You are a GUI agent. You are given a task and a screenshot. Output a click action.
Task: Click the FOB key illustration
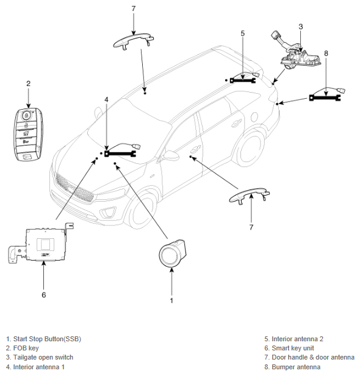pyautogui.click(x=28, y=134)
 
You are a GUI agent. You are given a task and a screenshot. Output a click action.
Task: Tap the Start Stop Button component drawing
pyautogui.click(x=172, y=253)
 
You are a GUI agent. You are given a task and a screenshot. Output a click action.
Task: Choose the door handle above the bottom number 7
pyautogui.click(x=250, y=196)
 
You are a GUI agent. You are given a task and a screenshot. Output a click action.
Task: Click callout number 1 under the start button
pyautogui.click(x=171, y=300)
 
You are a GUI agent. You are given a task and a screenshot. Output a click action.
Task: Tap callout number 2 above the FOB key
pyautogui.click(x=28, y=83)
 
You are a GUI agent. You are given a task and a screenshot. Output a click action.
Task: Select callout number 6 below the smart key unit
pyautogui.click(x=44, y=295)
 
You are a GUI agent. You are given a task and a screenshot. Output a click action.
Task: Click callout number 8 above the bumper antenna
pyautogui.click(x=326, y=53)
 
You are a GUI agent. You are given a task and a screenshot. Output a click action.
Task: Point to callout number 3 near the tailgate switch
pyautogui.click(x=301, y=27)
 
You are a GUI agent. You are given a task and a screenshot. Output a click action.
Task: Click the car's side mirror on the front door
pyautogui.click(x=171, y=155)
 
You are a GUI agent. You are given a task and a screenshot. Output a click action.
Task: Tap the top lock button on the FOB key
pyautogui.click(x=26, y=116)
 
